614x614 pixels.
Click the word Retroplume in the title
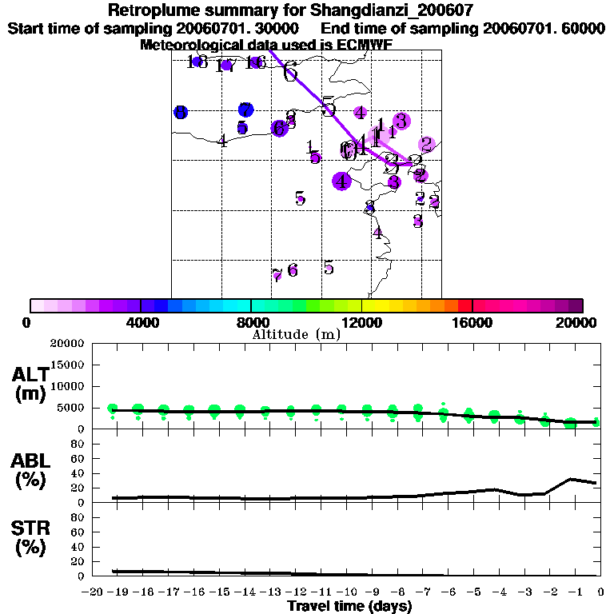coord(153,10)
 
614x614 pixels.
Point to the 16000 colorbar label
coord(472,322)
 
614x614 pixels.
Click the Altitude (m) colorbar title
coord(296,334)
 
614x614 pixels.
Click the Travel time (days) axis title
coord(349,607)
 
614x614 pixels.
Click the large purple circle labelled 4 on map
coord(341,181)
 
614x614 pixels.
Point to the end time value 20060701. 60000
coord(544,28)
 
